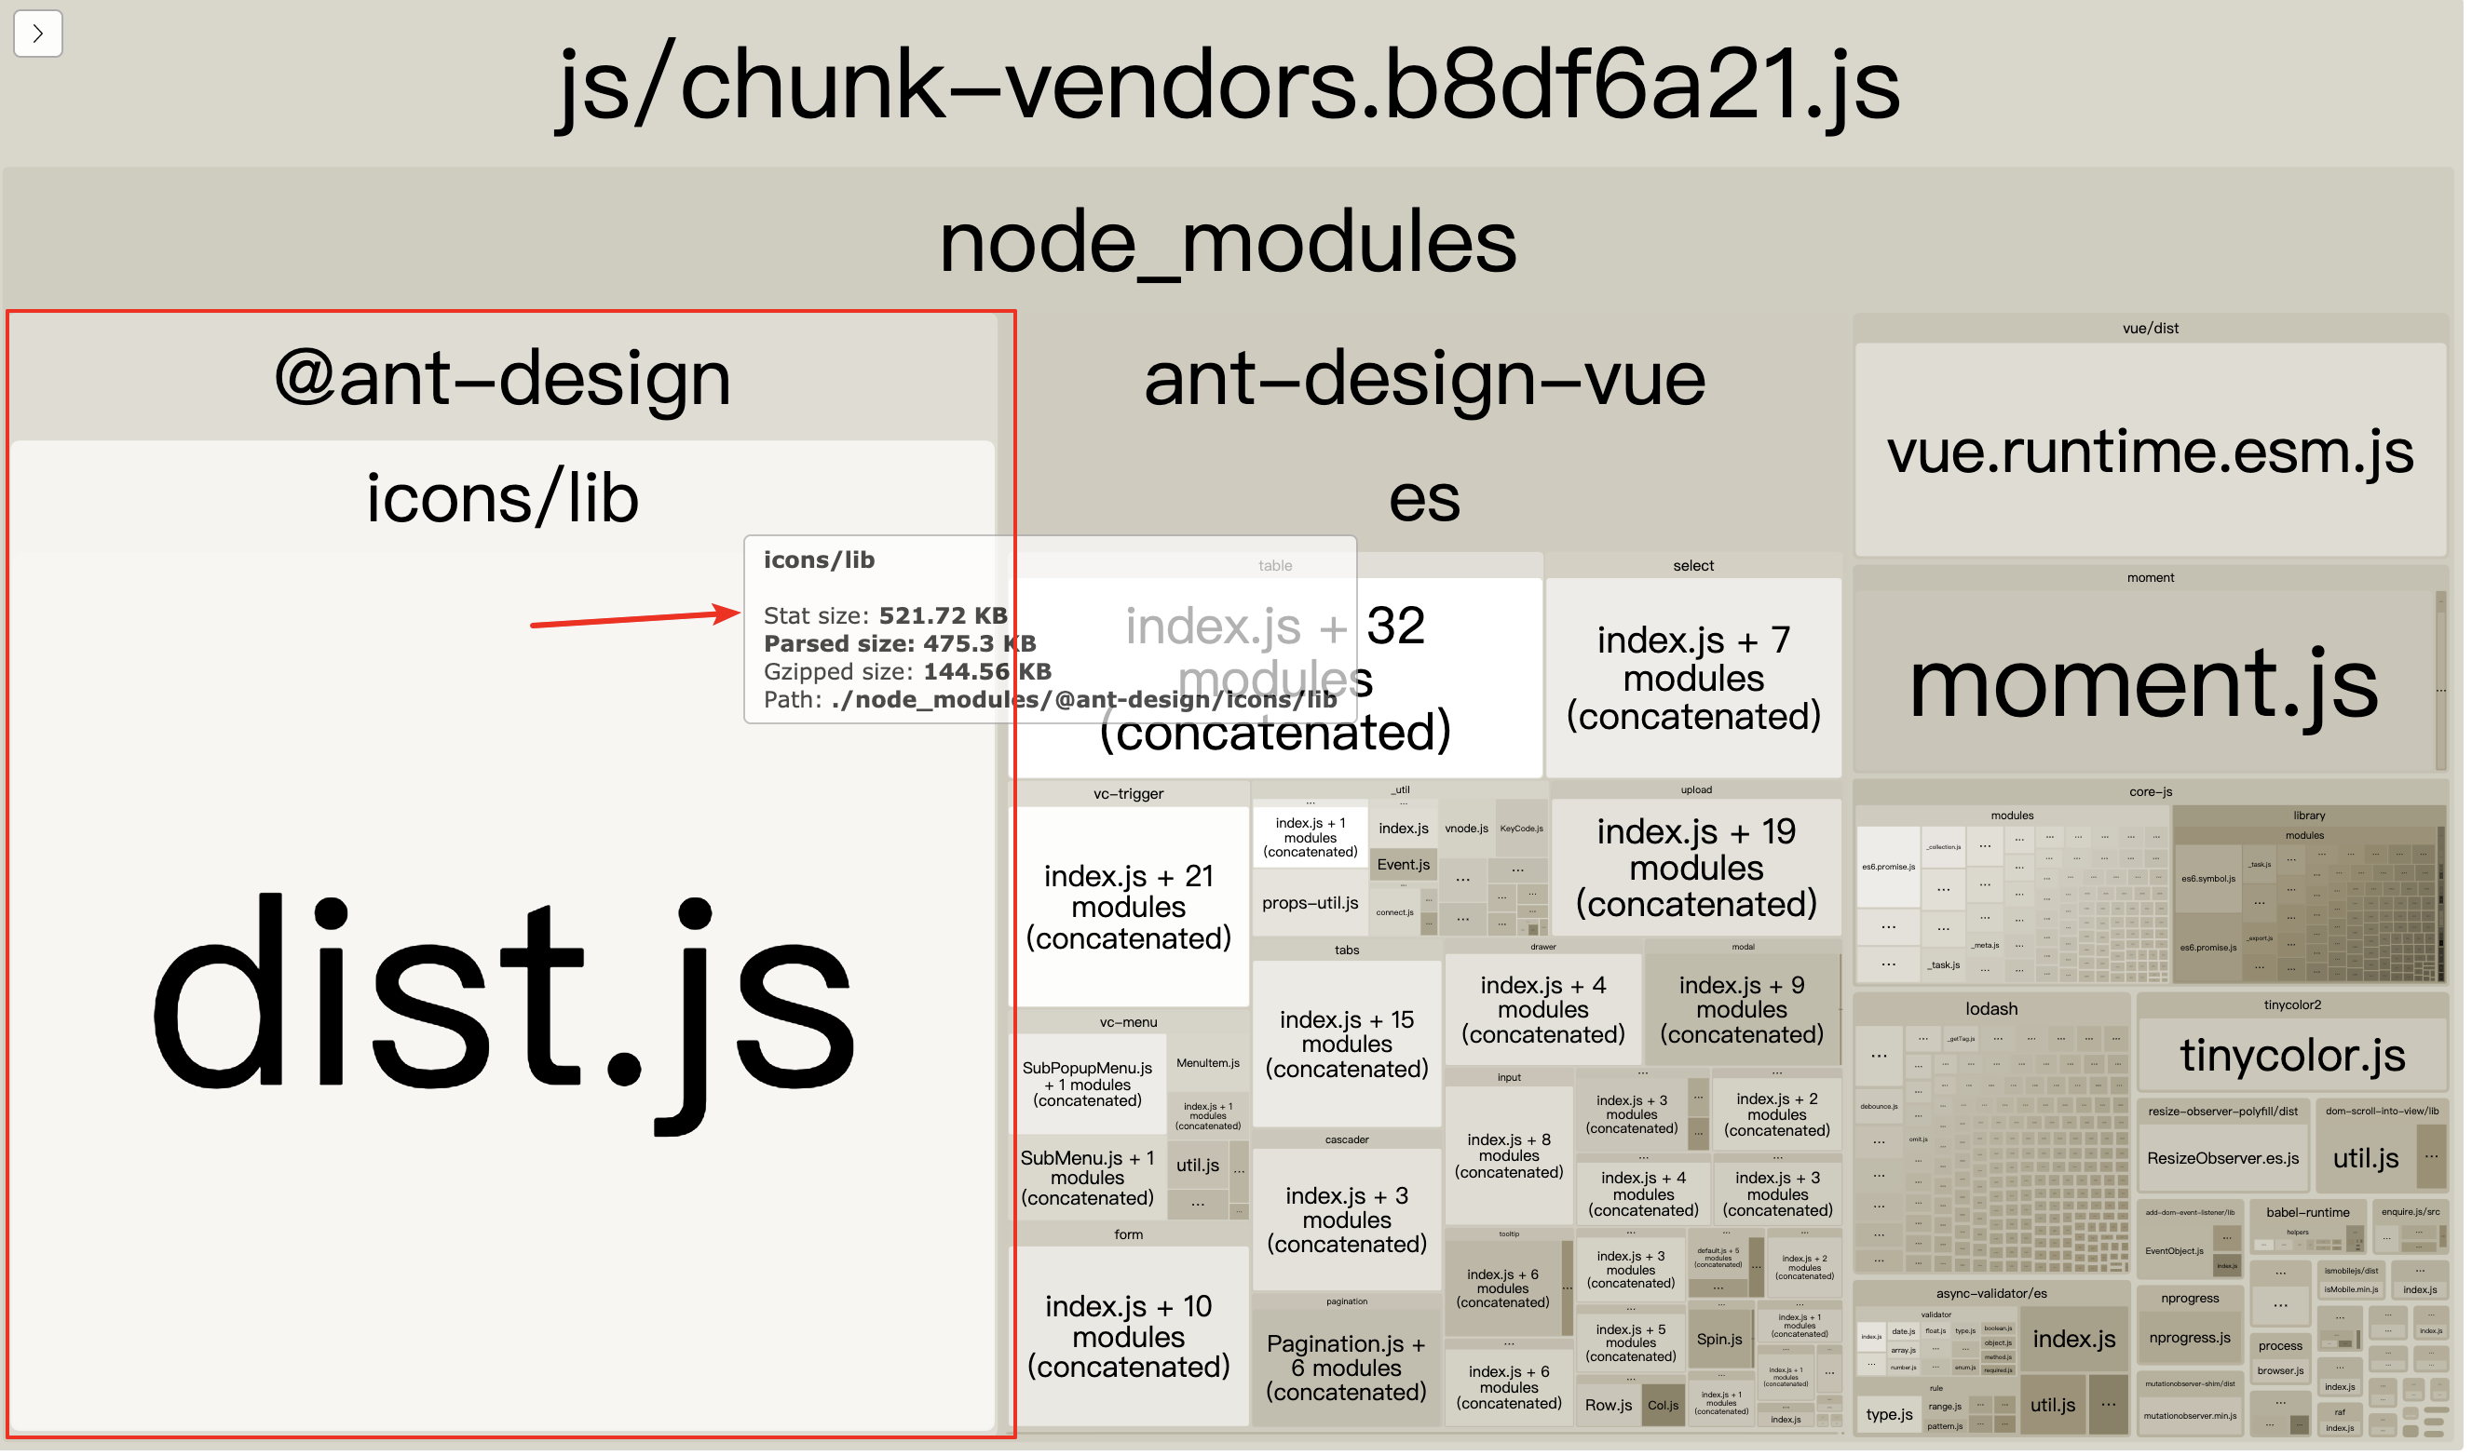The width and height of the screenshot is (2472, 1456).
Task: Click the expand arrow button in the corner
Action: (x=37, y=34)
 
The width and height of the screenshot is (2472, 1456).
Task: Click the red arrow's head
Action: (x=734, y=615)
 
